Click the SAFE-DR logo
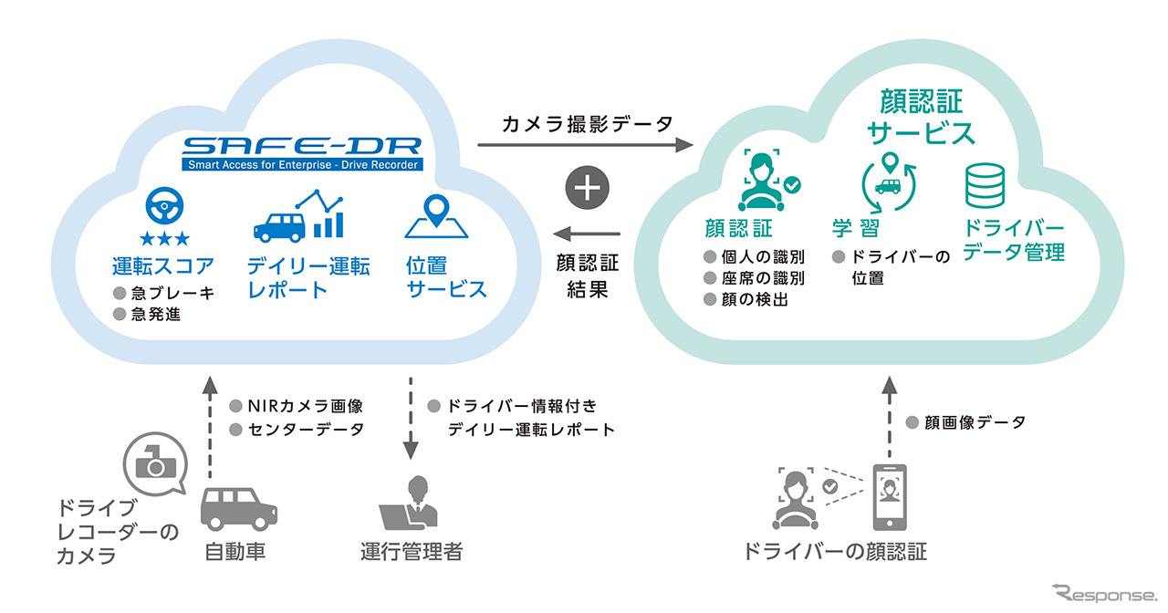pyautogui.click(x=301, y=152)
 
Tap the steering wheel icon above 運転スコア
pyautogui.click(x=164, y=210)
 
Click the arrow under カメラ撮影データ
pyautogui.click(x=584, y=146)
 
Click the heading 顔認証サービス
pyautogui.click(x=921, y=117)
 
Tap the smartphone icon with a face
pyautogui.click(x=889, y=498)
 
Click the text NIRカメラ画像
pyautogui.click(x=292, y=406)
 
